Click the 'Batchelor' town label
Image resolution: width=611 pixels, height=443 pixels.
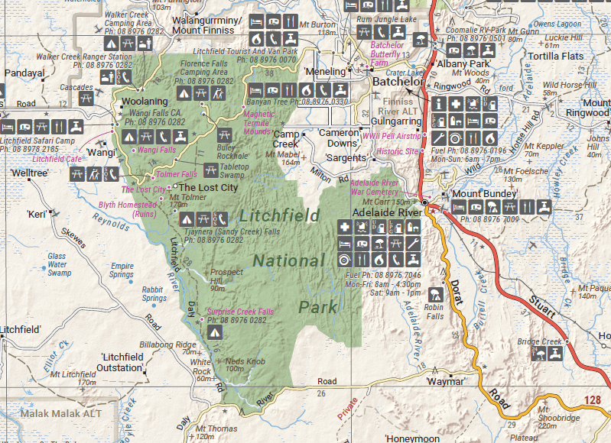[x=398, y=82]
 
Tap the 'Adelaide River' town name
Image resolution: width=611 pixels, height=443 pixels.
[x=387, y=212]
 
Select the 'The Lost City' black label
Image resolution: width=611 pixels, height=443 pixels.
[x=208, y=186]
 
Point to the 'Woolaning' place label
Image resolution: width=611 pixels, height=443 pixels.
[x=144, y=101]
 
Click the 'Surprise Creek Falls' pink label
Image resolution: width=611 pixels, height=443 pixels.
[x=240, y=312]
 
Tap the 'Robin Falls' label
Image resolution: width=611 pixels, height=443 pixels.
[x=435, y=310]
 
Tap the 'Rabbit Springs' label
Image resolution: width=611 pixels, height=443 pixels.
[x=154, y=294]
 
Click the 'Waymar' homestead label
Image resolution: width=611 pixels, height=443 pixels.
[x=446, y=381]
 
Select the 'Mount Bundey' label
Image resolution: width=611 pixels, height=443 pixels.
[x=476, y=193]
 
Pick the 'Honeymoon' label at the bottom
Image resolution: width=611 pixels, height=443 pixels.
[x=413, y=438]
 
